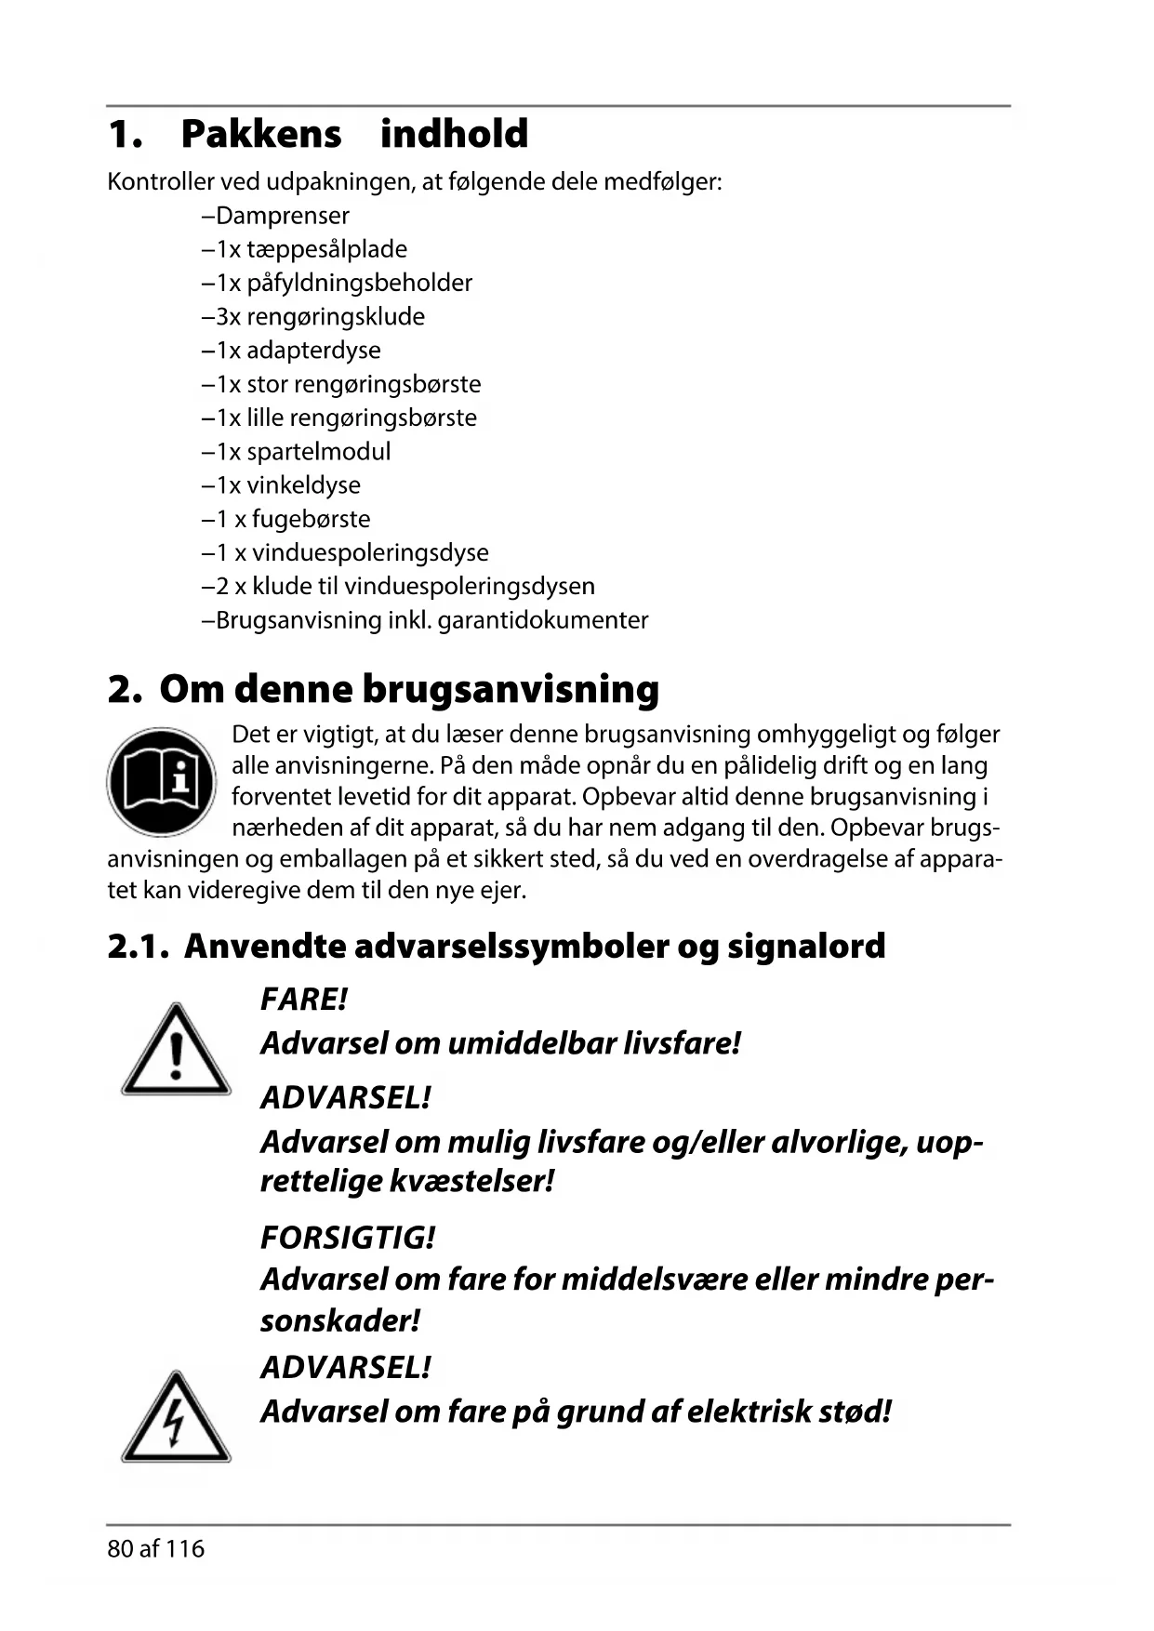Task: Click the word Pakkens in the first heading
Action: (x=261, y=134)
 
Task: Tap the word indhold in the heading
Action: (x=454, y=134)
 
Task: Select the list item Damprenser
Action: (x=276, y=216)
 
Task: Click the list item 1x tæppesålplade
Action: (x=305, y=249)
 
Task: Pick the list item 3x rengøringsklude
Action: (x=313, y=317)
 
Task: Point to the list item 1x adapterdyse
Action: (x=291, y=351)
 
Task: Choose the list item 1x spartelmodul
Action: (x=297, y=452)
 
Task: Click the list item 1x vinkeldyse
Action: (x=282, y=485)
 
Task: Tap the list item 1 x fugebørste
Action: (x=286, y=519)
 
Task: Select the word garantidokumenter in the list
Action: (x=542, y=620)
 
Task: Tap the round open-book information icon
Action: (x=161, y=781)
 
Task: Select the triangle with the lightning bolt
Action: (x=176, y=1418)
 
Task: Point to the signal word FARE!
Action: (x=304, y=1000)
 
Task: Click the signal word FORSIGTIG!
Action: (x=348, y=1238)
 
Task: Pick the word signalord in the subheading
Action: (x=806, y=947)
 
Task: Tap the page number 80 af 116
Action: (x=156, y=1549)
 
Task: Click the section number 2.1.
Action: (x=138, y=947)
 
